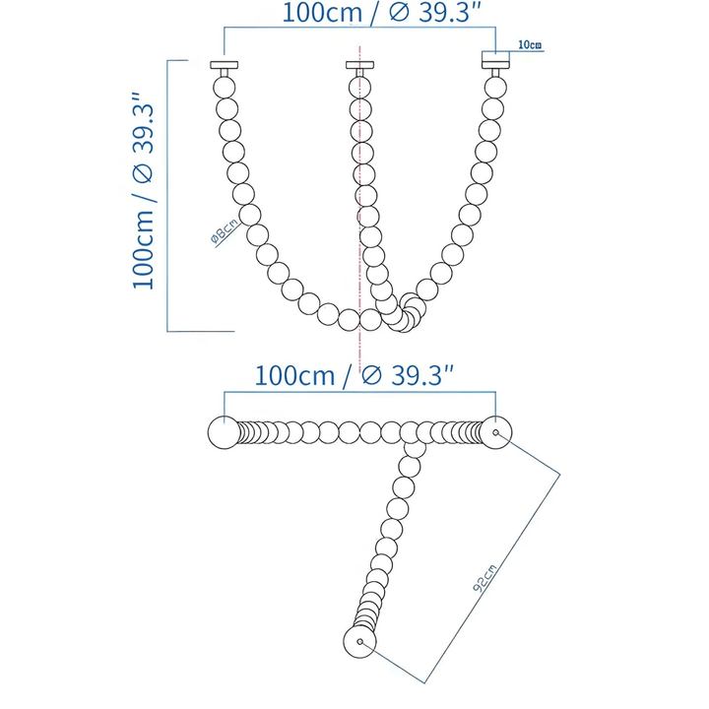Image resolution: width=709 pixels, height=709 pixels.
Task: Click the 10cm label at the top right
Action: (529, 45)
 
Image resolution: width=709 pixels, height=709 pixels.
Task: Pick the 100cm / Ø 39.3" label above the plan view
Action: (354, 375)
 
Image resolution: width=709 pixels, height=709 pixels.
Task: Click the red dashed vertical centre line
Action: (361, 197)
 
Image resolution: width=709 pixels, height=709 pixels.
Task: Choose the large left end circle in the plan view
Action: (224, 433)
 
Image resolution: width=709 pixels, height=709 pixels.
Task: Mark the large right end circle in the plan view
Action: (495, 433)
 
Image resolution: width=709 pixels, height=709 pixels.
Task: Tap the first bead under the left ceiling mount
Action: (225, 86)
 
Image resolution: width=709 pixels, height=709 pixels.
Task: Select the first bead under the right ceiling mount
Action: (493, 86)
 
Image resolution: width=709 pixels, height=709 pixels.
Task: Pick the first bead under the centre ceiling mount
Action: (359, 86)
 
